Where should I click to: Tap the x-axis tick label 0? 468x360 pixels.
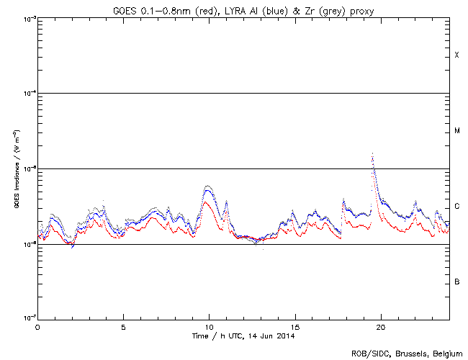[x=37, y=326]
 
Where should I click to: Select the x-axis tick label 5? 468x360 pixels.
[x=123, y=326]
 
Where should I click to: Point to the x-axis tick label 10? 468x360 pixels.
[x=209, y=326]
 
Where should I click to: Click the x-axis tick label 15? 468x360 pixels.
[x=295, y=326]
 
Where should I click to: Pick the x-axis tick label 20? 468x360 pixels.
[x=381, y=326]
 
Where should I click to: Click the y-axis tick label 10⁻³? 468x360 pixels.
[x=27, y=18]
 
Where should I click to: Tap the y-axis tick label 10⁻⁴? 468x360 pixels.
[x=27, y=93]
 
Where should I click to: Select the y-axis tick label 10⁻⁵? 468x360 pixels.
[x=27, y=168]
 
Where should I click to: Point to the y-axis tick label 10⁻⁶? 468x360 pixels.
[x=27, y=244]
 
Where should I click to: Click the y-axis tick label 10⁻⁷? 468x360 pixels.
[x=27, y=319]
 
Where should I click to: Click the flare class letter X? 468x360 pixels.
[x=456, y=55]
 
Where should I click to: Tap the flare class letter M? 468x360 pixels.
[x=456, y=131]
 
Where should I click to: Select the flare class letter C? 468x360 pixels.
[x=456, y=207]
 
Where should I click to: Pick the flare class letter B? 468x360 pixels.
[x=456, y=282]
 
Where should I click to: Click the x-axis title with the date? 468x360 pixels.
[x=243, y=336]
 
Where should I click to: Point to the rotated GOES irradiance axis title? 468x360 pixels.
[x=15, y=169]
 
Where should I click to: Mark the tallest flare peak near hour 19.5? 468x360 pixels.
[x=372, y=153]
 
